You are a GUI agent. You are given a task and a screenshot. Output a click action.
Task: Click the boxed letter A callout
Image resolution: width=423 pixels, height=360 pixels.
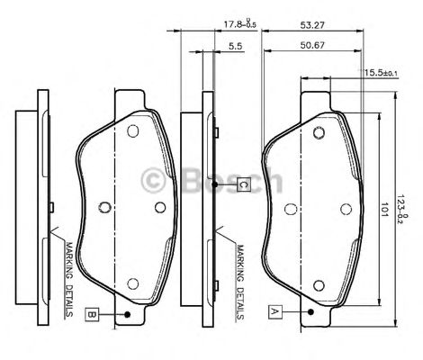pyautogui.click(x=276, y=310)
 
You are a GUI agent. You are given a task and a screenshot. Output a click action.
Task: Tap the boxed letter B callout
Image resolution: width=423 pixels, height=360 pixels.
pyautogui.click(x=93, y=314)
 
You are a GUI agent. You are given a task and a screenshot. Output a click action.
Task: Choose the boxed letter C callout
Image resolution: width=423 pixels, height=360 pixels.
pyautogui.click(x=243, y=185)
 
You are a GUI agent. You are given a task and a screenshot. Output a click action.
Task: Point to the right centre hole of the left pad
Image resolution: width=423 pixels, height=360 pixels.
pyautogui.click(x=160, y=207)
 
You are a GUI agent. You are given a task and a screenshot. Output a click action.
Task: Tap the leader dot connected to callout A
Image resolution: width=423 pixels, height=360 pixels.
pyautogui.click(x=310, y=312)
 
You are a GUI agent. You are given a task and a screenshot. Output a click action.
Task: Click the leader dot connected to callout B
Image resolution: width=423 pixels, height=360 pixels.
pyautogui.click(x=129, y=314)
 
